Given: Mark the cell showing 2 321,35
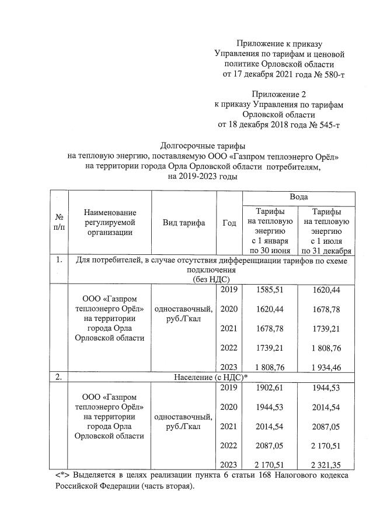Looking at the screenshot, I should [x=327, y=465].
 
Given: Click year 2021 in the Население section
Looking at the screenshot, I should [x=229, y=426].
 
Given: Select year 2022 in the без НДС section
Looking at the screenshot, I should [x=229, y=347].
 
